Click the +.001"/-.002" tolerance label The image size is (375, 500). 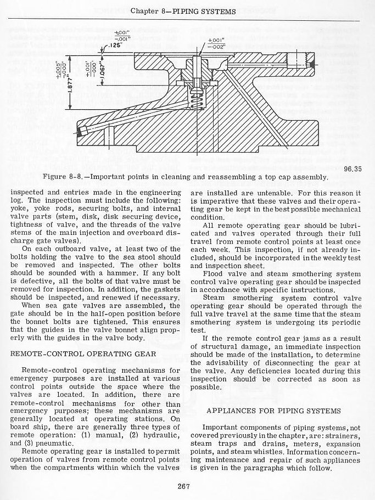pos(216,44)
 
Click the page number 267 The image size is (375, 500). pos(184,485)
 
